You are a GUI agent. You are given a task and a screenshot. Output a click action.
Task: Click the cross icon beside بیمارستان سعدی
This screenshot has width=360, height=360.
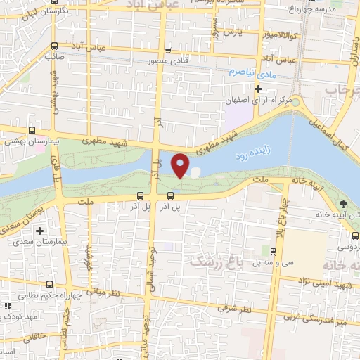pyautogui.click(x=40, y=230)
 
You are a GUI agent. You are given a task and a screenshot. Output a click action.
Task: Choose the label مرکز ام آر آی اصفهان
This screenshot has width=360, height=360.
pyautogui.click(x=257, y=100)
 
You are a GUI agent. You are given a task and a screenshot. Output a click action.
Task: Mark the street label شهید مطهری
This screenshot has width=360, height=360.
pyautogui.click(x=101, y=141)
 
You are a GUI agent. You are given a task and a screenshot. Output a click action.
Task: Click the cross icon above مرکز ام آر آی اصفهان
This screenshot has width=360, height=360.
pyautogui.click(x=258, y=89)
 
